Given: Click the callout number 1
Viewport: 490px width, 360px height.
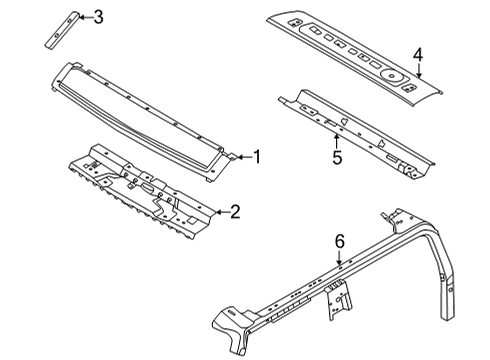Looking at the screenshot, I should [257, 156].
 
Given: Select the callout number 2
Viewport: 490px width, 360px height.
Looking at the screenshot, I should [235, 211].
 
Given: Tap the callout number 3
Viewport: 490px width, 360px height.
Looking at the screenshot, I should [97, 15].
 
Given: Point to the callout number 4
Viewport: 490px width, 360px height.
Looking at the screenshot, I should [419, 55].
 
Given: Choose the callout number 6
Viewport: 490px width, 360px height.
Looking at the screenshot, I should [339, 241].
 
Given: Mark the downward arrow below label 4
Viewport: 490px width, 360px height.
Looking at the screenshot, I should [419, 70].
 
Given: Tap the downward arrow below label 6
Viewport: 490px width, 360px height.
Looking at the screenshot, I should [339, 256].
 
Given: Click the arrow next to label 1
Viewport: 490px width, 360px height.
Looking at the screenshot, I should [242, 156].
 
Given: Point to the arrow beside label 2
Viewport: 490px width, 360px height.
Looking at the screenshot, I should [220, 211].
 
